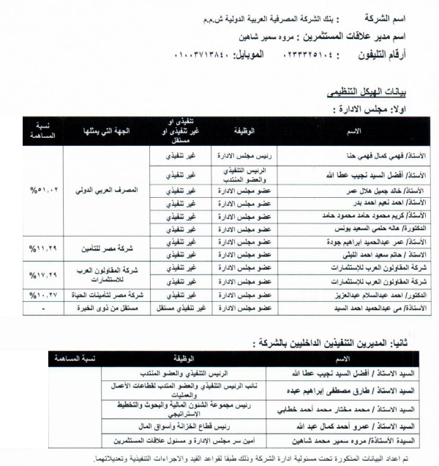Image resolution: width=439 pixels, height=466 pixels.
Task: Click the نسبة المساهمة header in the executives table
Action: click(80, 359)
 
